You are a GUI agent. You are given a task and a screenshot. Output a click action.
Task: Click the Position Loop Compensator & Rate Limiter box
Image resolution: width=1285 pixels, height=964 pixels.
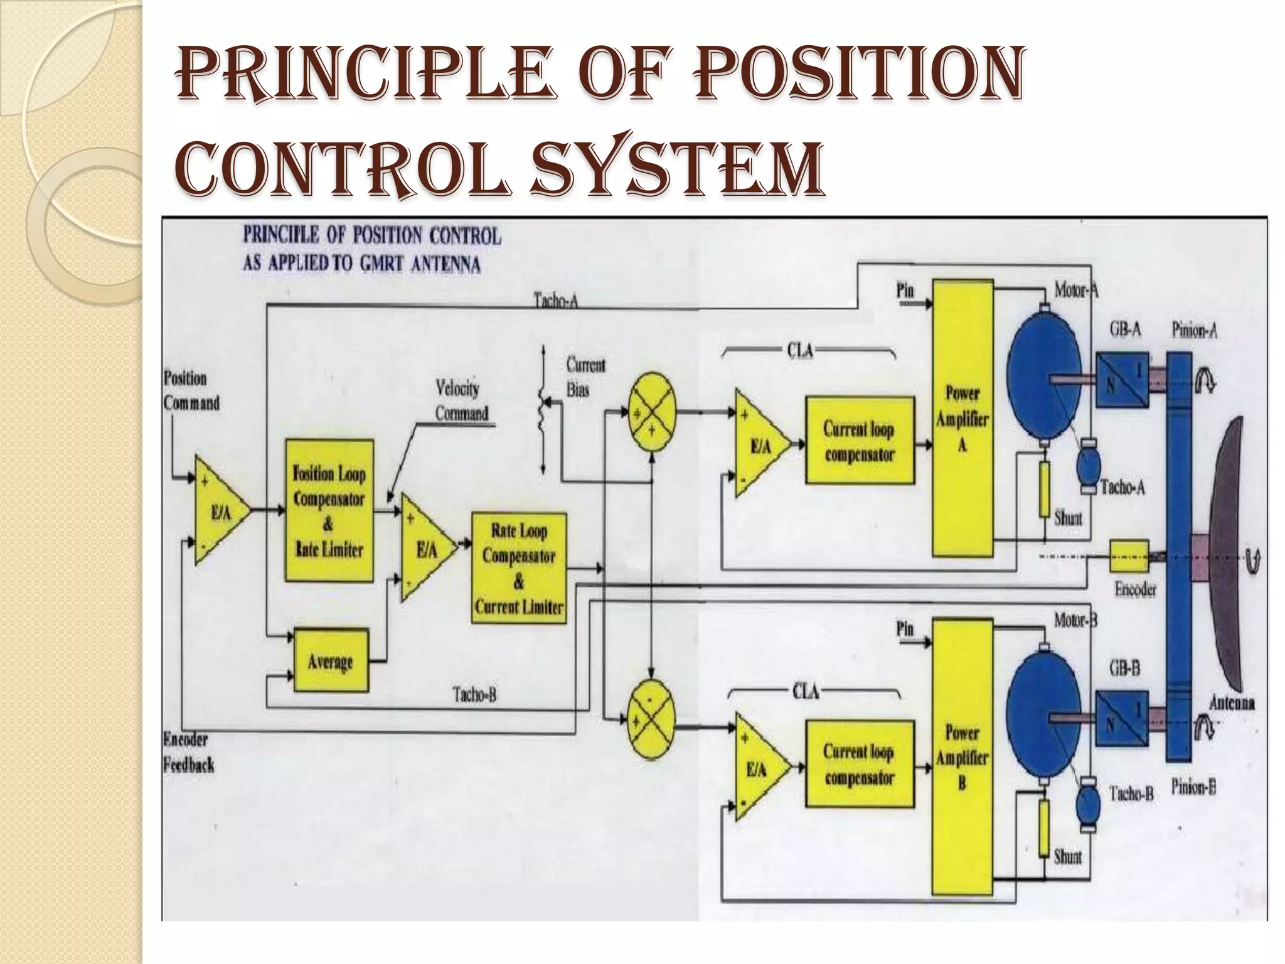click(x=329, y=510)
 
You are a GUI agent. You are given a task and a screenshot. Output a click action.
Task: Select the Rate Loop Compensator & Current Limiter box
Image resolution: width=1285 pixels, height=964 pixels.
click(x=519, y=568)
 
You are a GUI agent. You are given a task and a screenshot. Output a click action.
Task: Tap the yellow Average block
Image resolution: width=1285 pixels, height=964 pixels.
click(x=331, y=660)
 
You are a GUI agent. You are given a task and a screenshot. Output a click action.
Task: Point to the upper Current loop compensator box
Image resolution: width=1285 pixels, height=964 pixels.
click(x=859, y=440)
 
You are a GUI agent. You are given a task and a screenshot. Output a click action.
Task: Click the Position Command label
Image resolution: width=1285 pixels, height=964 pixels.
click(x=191, y=390)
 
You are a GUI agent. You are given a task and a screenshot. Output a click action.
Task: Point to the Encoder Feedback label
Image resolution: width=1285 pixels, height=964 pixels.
click(x=188, y=752)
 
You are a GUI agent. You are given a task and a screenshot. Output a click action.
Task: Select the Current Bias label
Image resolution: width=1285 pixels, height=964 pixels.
click(x=585, y=377)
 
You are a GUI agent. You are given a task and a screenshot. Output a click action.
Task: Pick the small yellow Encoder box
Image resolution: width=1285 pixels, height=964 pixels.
click(x=1129, y=557)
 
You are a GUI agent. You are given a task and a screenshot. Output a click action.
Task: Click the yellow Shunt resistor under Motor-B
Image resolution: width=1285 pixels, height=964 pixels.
click(x=1044, y=827)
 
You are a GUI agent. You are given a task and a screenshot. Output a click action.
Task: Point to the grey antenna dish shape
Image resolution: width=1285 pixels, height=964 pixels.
click(x=1230, y=552)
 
